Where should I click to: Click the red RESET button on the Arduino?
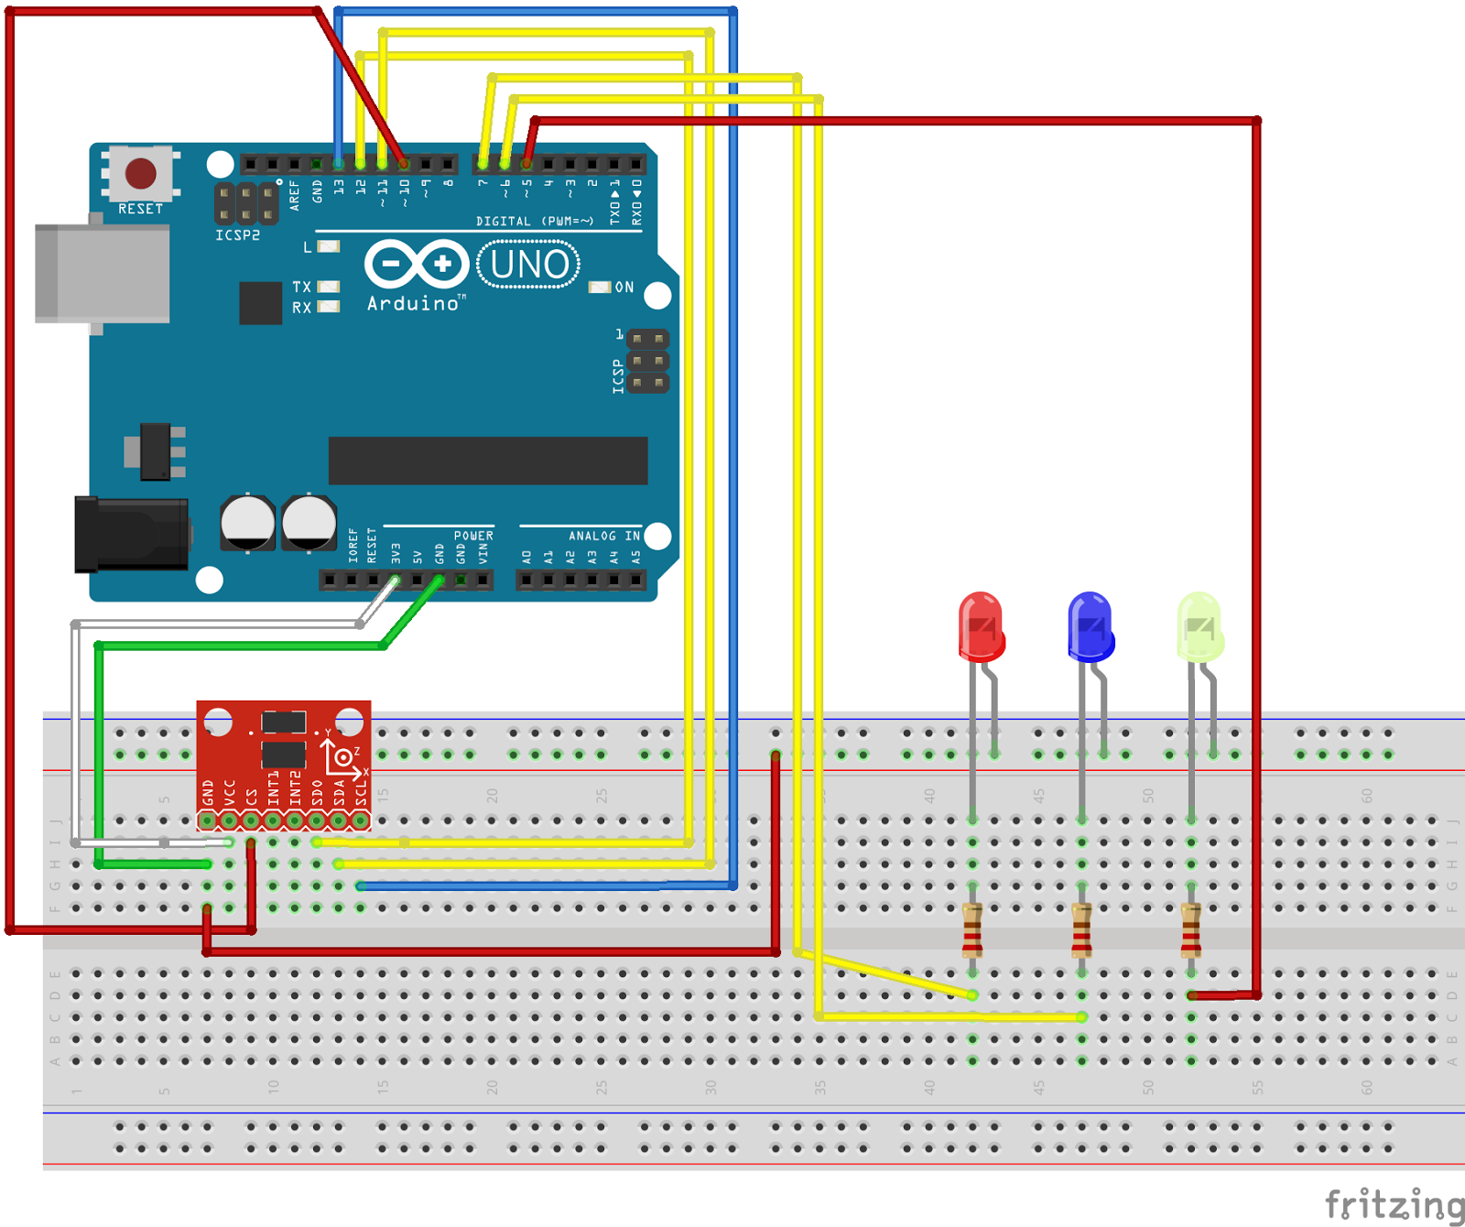(x=140, y=172)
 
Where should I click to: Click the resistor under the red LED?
(x=972, y=930)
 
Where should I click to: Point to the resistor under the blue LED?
(x=1081, y=930)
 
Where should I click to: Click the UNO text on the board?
(x=529, y=265)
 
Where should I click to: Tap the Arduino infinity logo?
(x=417, y=265)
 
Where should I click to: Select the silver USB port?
(x=102, y=273)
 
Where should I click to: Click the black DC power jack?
(x=133, y=534)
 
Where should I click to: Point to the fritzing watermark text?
(x=1394, y=1204)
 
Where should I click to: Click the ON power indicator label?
(x=624, y=288)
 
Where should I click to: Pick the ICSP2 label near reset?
(x=238, y=235)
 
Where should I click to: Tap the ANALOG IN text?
(x=604, y=536)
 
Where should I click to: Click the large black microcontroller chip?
(x=487, y=461)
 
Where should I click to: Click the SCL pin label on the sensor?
(x=361, y=792)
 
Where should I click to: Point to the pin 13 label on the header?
(x=339, y=186)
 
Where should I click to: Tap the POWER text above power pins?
(x=473, y=536)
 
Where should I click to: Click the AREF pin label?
(x=295, y=195)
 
